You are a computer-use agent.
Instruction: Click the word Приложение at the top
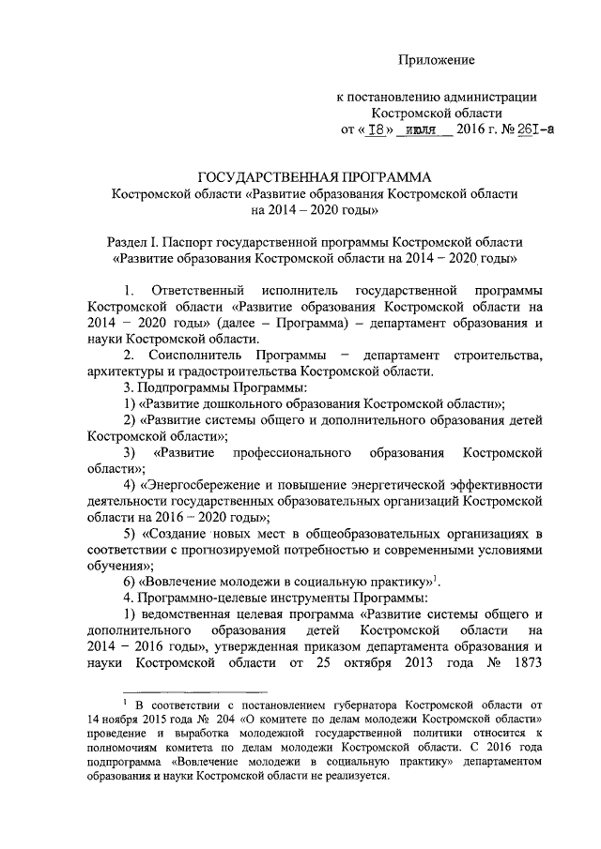click(436, 60)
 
